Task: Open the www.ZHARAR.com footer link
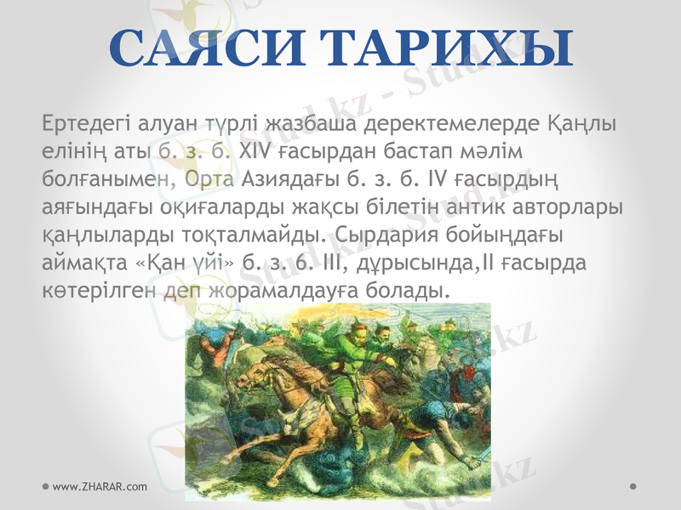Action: (99, 485)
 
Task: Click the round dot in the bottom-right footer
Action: (634, 485)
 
